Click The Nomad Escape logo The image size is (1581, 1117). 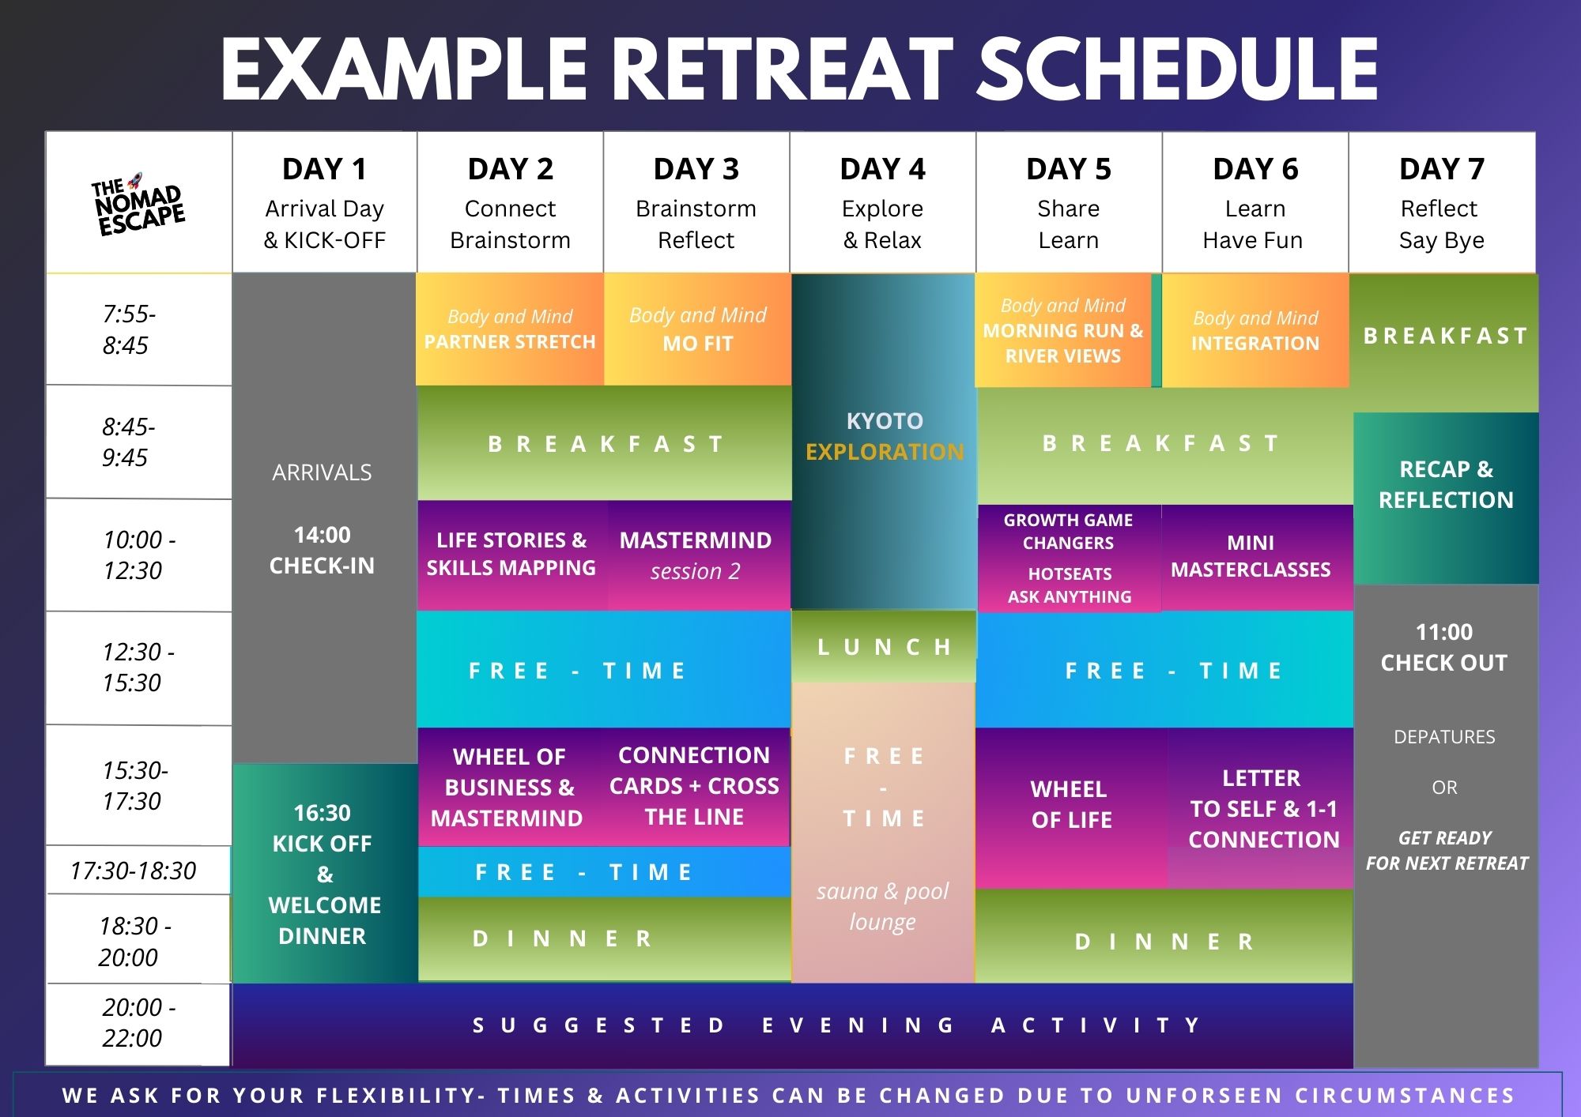(138, 205)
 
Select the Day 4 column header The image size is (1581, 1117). (882, 202)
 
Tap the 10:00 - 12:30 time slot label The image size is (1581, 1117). (138, 555)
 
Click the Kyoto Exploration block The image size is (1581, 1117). (884, 442)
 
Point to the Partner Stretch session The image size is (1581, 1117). (510, 329)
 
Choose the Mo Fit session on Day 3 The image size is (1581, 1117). (697, 329)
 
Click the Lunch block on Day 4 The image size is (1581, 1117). (884, 646)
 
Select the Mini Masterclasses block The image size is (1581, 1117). (1257, 557)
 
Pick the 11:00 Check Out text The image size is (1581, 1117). (1444, 647)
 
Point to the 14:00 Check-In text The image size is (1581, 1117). (322, 550)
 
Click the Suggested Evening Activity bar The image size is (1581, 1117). (793, 1025)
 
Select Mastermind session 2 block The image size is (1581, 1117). (697, 555)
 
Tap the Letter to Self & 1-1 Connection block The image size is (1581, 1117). (1261, 808)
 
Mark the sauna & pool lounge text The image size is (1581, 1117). (882, 906)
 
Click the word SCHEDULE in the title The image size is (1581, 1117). (1178, 70)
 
